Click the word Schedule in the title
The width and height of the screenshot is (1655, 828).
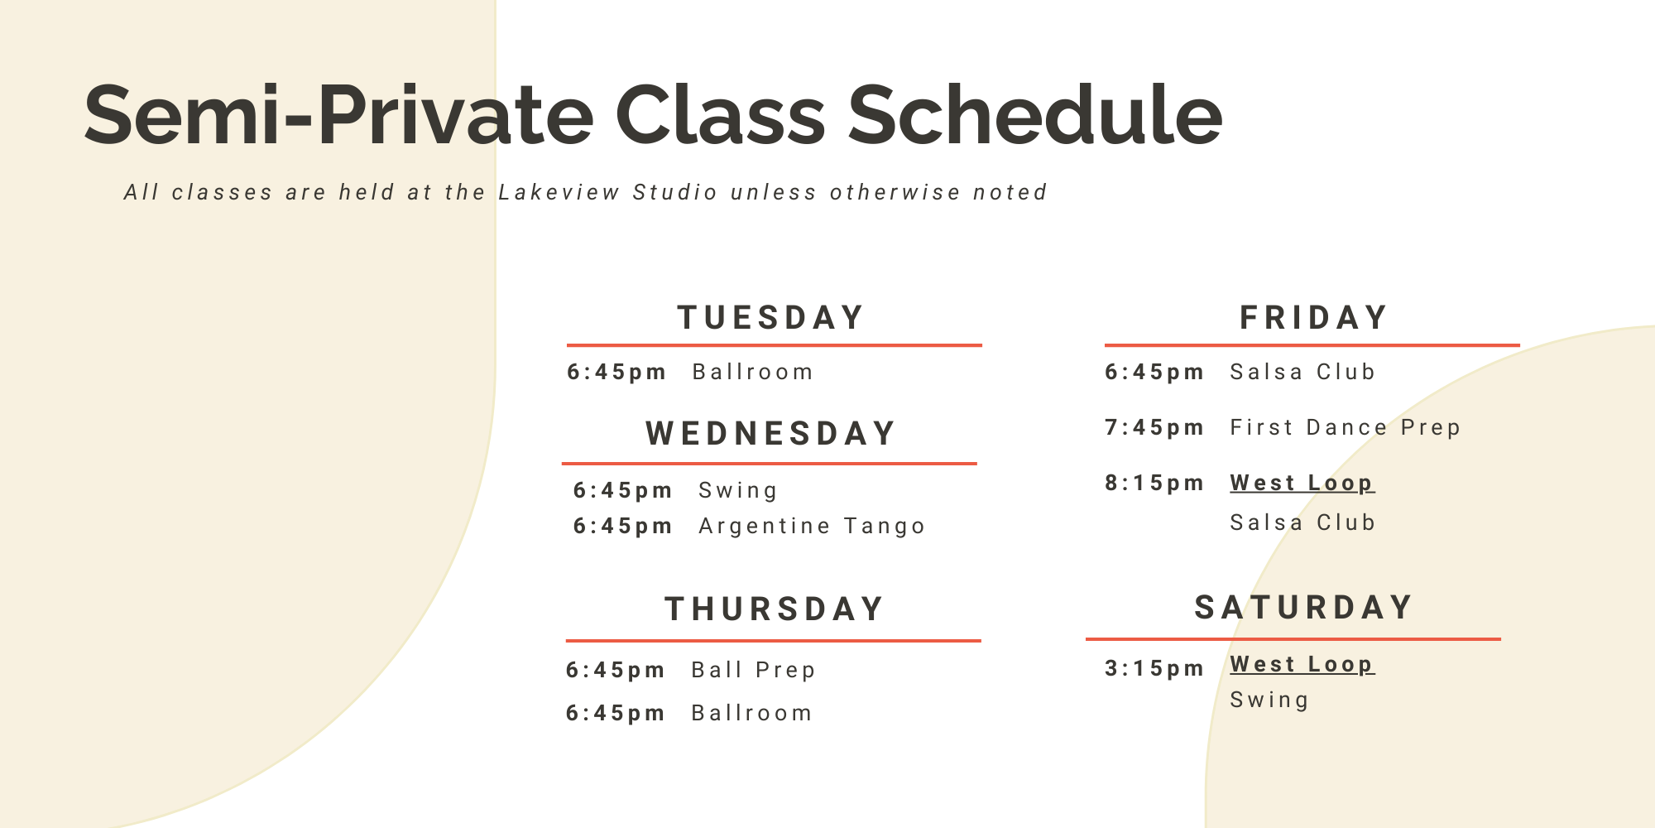(1034, 116)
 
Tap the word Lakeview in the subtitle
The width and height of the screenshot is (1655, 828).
(559, 193)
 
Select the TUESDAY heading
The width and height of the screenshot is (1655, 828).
(771, 318)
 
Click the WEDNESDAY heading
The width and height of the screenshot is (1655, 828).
(771, 434)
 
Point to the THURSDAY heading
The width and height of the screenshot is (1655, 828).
(775, 609)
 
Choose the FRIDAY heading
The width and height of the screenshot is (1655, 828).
(1314, 318)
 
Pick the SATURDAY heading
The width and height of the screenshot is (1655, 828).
(1304, 608)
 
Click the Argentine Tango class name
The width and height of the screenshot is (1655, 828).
(812, 527)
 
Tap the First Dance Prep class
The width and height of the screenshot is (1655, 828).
(1346, 428)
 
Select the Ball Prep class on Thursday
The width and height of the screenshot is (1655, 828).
(754, 670)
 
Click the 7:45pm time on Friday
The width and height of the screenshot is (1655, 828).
(1154, 428)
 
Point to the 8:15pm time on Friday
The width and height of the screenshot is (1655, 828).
(1154, 484)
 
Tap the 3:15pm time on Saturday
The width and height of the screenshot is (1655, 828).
(1154, 669)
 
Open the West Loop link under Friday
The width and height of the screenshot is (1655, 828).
(1302, 483)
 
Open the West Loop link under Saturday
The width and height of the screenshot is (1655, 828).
(1302, 664)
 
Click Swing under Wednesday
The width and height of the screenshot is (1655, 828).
(738, 491)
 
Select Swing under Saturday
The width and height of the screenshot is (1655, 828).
(1269, 700)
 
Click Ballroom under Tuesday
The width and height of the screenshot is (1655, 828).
(753, 373)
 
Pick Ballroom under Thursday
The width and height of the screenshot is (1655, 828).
(752, 714)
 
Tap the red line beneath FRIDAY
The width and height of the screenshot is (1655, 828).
(1312, 345)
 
